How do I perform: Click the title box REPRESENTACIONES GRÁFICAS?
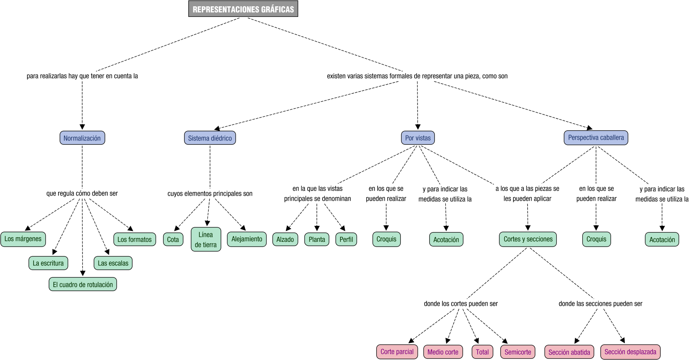(x=243, y=9)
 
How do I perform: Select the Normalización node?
(x=82, y=138)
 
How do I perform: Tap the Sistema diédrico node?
(x=210, y=138)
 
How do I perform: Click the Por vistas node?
(x=418, y=138)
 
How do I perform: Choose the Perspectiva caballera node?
(x=596, y=138)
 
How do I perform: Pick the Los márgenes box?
(x=23, y=239)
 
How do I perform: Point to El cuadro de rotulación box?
(x=83, y=285)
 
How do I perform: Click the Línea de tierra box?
(x=206, y=240)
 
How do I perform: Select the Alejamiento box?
(x=247, y=239)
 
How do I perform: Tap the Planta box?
(x=317, y=239)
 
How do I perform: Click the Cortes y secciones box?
(x=528, y=239)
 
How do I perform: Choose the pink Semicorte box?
(x=518, y=352)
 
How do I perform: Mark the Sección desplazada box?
(x=630, y=352)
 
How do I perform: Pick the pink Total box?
(x=482, y=352)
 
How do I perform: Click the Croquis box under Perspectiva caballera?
(x=596, y=239)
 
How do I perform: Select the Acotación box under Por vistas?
(x=446, y=240)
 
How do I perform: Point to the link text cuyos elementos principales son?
(x=210, y=194)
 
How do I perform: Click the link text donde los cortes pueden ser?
(x=460, y=304)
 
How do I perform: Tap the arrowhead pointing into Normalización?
(x=82, y=127)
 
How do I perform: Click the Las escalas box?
(x=113, y=263)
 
